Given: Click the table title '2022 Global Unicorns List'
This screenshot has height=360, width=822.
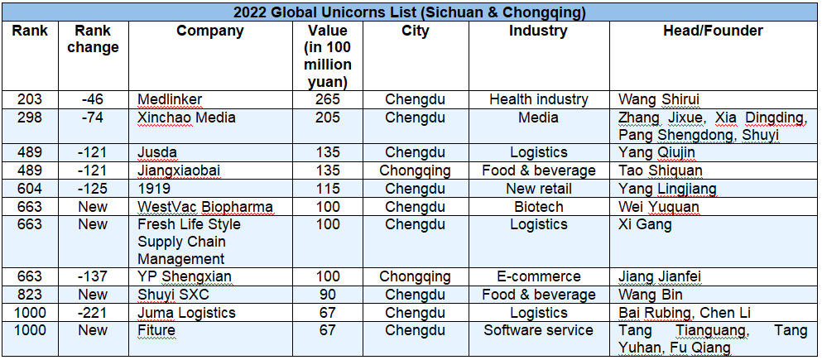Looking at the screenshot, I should click(411, 12).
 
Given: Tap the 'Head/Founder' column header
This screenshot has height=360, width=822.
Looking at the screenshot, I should click(713, 31).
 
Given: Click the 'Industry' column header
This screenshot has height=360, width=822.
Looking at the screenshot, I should click(538, 31).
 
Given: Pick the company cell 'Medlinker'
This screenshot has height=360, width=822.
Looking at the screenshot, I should click(170, 99).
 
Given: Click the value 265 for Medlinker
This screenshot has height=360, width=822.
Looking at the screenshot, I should click(327, 99).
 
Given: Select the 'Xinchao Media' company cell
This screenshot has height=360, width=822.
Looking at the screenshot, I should click(186, 118).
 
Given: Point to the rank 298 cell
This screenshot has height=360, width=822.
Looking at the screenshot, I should click(30, 118).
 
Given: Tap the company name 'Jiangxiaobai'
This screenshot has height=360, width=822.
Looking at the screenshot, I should click(179, 170).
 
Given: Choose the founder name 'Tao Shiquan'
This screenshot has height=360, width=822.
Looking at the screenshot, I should click(661, 170).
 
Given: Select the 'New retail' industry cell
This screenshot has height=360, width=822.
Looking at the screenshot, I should click(538, 189).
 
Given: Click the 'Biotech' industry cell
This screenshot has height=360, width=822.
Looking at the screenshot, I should click(538, 207).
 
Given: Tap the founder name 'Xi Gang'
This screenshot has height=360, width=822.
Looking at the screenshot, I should click(646, 224).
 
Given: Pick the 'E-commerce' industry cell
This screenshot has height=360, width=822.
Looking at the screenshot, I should click(538, 276).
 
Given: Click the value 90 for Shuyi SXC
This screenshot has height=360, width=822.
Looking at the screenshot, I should click(327, 295).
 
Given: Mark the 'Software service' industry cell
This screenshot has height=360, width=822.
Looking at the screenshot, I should click(538, 330).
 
